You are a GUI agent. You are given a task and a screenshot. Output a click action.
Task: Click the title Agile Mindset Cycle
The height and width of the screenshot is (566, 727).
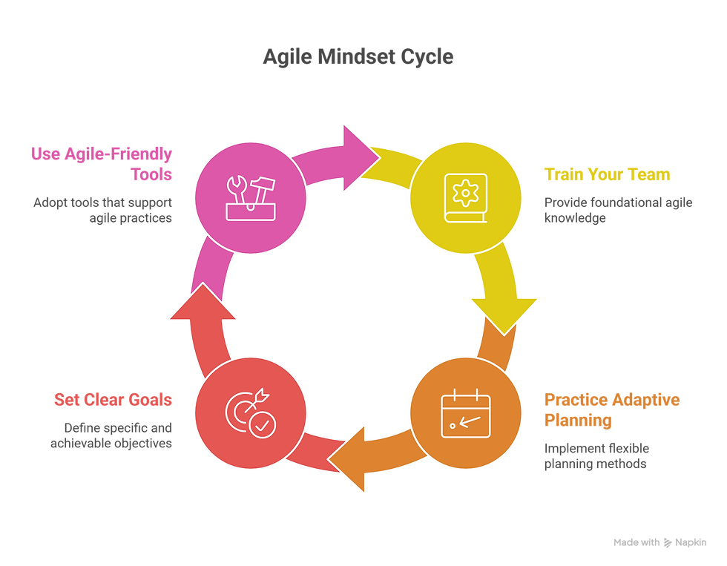[358, 58]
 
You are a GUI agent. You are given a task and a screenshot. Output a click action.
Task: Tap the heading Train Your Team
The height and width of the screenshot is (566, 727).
[607, 175]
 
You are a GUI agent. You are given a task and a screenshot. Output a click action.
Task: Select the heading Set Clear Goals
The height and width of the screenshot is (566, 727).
[113, 400]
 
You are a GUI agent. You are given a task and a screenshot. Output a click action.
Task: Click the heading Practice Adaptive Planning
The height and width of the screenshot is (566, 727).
[612, 410]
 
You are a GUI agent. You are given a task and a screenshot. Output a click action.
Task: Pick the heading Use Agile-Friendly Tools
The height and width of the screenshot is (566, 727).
[102, 164]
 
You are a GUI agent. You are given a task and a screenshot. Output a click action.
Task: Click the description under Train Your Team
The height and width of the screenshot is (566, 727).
[618, 210]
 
